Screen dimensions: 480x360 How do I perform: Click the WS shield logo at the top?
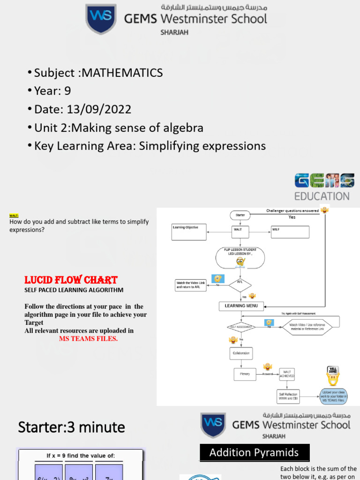[x=101, y=19]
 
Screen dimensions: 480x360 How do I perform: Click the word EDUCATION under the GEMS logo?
[x=322, y=196]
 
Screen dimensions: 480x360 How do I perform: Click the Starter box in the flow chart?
[x=240, y=215]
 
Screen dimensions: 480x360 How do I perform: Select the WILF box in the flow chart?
[x=290, y=232]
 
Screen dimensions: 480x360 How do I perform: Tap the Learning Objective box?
[x=188, y=232]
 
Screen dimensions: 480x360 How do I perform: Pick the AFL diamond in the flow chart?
[x=240, y=285]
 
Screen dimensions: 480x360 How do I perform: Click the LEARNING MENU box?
[x=241, y=306]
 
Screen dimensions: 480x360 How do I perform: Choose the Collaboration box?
[x=241, y=353]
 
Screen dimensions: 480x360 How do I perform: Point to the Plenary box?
[x=245, y=374]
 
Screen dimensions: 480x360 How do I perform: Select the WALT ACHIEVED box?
[x=287, y=374]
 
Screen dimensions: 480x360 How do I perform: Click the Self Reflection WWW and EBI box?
[x=287, y=396]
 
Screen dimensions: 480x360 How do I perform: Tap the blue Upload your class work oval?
[x=333, y=396]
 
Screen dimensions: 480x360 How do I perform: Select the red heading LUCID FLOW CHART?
[x=71, y=280]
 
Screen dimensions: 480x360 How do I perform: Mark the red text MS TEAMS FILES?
[x=88, y=338]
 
